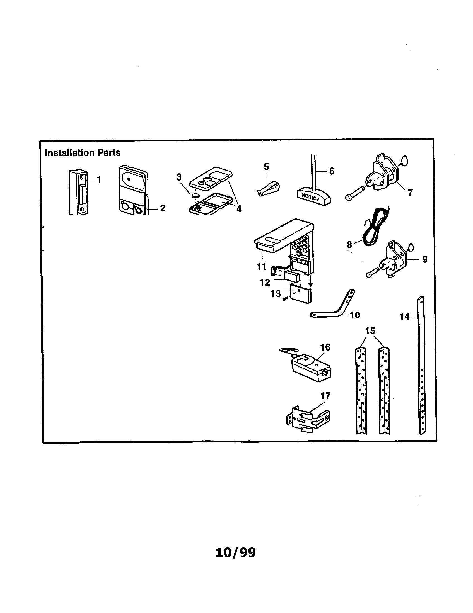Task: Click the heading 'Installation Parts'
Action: coord(83,153)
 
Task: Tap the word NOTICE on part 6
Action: coord(310,197)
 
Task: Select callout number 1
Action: coord(99,180)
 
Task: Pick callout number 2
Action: coord(163,208)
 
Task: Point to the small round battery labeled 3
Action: coord(194,195)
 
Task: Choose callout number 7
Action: coord(410,193)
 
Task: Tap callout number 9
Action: coord(425,259)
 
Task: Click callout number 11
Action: coord(261,266)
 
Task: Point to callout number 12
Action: coord(265,282)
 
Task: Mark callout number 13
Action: coord(276,294)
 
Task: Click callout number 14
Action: coord(405,317)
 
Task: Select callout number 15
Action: coord(370,331)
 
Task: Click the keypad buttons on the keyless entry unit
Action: coord(300,244)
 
